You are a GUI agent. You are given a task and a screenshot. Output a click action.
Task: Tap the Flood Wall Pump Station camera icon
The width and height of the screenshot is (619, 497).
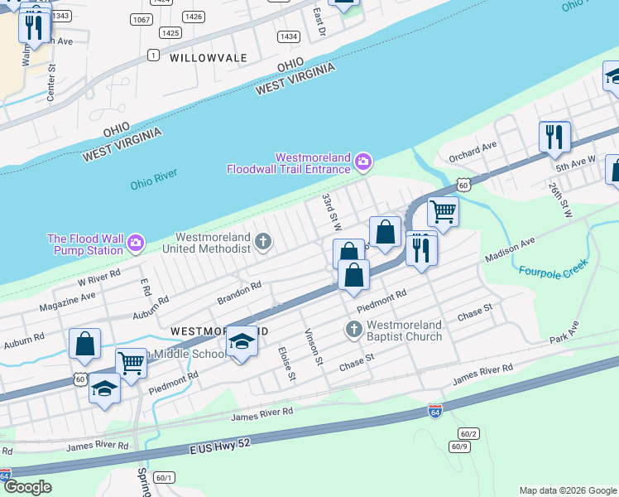136,244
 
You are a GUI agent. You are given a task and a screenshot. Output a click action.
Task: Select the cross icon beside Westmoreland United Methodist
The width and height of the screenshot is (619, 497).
263,242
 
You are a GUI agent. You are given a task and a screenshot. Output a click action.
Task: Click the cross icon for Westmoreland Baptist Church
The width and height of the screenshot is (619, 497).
353,330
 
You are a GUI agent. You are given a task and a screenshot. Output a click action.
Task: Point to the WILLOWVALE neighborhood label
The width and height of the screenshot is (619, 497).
209,58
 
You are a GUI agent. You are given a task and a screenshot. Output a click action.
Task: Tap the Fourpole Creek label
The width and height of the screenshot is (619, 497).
553,266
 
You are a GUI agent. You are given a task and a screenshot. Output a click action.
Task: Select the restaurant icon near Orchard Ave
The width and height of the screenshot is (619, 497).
554,137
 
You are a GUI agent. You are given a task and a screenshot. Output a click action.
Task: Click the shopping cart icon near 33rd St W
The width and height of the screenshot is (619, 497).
443,211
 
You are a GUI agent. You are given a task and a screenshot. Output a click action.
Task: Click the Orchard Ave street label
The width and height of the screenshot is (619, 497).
472,150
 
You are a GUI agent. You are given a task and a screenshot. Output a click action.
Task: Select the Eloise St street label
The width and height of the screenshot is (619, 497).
287,364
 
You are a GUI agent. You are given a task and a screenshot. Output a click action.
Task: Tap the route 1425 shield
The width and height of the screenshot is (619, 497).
170,33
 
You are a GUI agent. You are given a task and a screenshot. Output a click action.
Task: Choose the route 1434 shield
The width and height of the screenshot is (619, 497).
289,36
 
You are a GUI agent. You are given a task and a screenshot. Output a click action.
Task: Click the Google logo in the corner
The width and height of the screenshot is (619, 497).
27,487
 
